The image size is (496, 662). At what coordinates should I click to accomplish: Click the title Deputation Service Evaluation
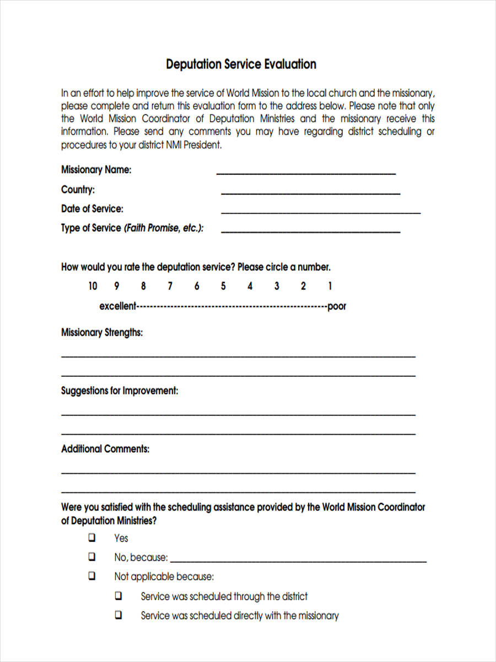point(241,64)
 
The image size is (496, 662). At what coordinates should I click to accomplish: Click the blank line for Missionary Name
point(306,173)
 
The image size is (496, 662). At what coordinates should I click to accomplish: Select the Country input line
point(310,193)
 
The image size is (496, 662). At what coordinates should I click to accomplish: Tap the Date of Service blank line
point(320,212)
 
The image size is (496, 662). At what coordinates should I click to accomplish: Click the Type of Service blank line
point(310,231)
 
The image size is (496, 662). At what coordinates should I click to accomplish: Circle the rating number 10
point(93,286)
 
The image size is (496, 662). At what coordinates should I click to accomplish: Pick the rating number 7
point(170,286)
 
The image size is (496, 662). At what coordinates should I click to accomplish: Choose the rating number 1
point(330,286)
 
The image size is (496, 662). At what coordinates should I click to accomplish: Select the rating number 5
point(223,286)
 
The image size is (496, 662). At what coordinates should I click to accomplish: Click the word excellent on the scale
point(117,306)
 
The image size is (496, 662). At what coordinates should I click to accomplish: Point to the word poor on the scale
point(337,306)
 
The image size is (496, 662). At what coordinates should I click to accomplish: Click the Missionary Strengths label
point(102,333)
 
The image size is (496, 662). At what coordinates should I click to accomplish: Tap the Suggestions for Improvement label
point(120,391)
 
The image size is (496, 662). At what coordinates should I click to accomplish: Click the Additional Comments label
point(105,449)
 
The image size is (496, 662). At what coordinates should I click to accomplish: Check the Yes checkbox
point(92,537)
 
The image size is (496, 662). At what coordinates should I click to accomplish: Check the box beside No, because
point(92,557)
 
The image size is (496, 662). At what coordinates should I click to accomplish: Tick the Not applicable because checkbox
point(92,576)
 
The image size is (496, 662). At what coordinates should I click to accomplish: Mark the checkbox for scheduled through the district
point(118,596)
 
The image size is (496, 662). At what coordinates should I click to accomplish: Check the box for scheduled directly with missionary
point(118,615)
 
